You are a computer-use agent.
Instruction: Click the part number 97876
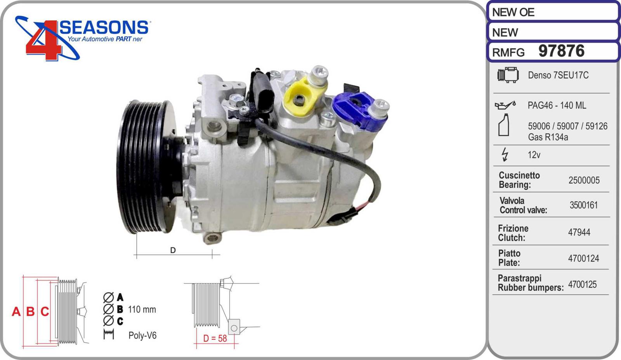[561, 51]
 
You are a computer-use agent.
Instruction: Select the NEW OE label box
[553, 12]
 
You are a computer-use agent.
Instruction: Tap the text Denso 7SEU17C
[558, 75]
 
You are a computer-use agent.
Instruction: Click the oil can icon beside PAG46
[505, 105]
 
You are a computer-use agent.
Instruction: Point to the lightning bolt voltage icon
[505, 155]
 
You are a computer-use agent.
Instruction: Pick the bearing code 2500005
[584, 180]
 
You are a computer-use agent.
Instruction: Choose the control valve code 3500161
[584, 205]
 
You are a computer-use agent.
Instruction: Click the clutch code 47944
[579, 232]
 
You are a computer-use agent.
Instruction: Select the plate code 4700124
[584, 259]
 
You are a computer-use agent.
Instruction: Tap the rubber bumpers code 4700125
[582, 284]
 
